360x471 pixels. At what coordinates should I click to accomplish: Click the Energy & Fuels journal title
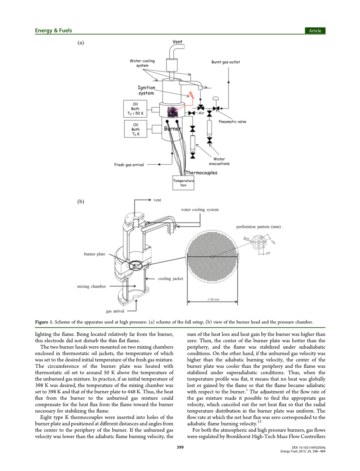pos(53,31)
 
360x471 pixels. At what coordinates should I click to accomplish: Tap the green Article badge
pos(315,31)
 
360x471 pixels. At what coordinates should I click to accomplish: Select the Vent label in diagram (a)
pos(177,42)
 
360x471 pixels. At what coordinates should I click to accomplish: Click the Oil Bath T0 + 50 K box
pos(135,109)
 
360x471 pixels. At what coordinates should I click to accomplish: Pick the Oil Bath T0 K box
pos(136,129)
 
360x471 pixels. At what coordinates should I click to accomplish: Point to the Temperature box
pos(183,183)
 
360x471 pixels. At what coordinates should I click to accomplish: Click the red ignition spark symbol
pos(191,95)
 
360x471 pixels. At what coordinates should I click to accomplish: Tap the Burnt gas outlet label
pos(226,62)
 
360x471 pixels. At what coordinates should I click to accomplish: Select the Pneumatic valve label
pos(232,122)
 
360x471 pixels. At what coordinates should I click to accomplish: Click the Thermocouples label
pos(201,173)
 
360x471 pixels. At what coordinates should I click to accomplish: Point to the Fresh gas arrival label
pos(129,165)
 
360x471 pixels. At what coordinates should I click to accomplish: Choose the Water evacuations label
pos(219,161)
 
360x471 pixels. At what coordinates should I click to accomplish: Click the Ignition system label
pos(146,90)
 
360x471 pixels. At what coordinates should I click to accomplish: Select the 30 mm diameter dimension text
pos(213,299)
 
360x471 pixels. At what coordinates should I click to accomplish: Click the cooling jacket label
pos(170,279)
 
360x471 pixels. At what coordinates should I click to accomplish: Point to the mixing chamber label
pos(91,286)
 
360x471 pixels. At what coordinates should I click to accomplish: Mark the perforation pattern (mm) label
pos(259,227)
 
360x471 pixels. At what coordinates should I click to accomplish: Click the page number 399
pos(180,447)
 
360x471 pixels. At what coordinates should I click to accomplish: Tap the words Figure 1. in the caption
pos(44,322)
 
